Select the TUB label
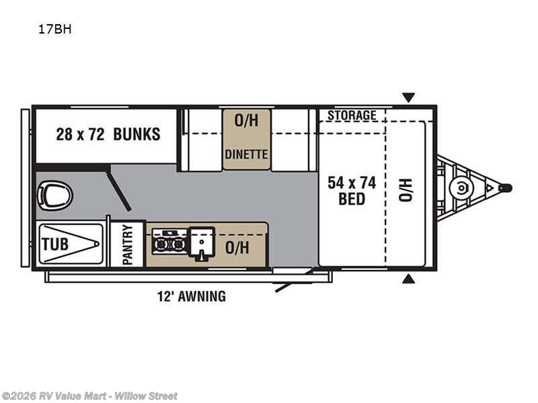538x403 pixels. click(55, 244)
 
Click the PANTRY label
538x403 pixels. click(128, 244)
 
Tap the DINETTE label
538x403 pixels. click(246, 154)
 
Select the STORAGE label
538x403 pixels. click(352, 116)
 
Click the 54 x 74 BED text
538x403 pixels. click(351, 191)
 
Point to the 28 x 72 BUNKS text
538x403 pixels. click(108, 134)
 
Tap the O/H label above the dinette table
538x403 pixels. click(246, 121)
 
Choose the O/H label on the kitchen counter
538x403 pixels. click(237, 248)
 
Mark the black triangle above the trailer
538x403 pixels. click(408, 97)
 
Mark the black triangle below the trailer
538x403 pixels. click(408, 278)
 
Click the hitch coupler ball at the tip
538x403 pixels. click(506, 188)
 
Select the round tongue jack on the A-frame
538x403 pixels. click(461, 188)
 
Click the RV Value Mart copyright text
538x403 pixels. click(89, 396)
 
